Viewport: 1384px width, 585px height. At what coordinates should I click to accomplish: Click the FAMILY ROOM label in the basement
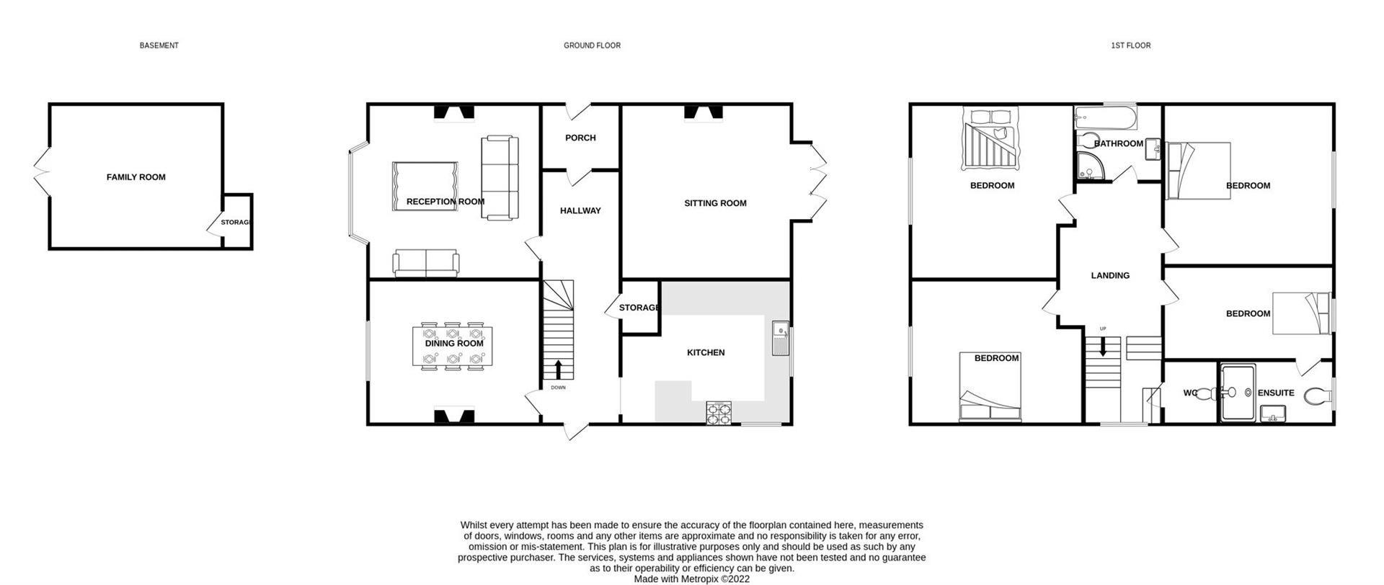coord(136,177)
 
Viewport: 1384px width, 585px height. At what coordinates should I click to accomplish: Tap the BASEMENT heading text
coord(159,45)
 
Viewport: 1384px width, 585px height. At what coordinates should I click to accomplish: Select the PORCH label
coord(580,138)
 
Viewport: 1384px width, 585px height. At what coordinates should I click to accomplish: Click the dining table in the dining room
coord(453,347)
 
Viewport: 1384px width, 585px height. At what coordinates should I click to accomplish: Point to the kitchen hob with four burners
coord(719,412)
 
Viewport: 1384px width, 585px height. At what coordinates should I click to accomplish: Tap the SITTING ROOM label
coord(715,203)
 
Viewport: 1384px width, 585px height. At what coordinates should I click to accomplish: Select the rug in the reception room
coord(425,186)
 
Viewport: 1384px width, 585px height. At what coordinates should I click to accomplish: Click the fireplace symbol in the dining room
coord(454,416)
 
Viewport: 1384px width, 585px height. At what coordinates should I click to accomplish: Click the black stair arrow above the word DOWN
coord(559,370)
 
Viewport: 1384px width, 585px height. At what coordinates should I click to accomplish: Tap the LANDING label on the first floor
coord(1110,275)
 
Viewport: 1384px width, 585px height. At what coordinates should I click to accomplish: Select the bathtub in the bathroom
coord(1105,117)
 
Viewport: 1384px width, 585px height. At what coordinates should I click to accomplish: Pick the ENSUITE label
coord(1276,393)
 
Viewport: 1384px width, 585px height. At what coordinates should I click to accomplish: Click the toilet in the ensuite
coord(1318,396)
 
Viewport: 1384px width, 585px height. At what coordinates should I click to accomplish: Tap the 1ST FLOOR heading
coord(1130,45)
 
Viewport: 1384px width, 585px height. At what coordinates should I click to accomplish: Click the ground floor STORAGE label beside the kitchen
coord(639,308)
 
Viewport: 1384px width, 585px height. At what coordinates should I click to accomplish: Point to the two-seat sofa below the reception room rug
coord(426,263)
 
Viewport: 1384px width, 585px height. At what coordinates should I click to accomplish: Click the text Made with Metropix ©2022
coord(691,579)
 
